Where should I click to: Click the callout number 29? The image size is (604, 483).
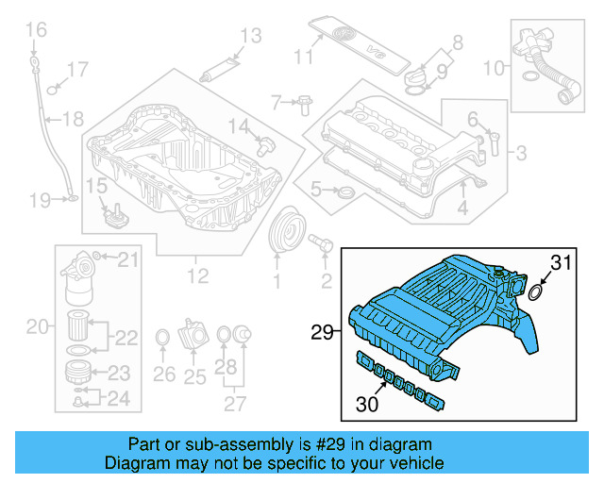(x=323, y=331)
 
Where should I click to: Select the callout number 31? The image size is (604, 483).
(x=562, y=264)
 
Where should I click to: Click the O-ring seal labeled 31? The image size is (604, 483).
(x=534, y=292)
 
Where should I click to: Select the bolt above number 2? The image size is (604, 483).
(x=321, y=245)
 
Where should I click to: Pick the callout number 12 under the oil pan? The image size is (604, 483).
(x=196, y=277)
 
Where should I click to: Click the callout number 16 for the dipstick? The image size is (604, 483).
(x=35, y=31)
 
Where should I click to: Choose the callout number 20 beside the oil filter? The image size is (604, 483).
(x=37, y=327)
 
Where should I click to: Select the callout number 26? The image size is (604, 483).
(x=163, y=375)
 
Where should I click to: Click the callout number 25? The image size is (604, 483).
(x=194, y=377)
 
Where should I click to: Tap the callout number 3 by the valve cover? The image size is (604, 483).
(x=522, y=152)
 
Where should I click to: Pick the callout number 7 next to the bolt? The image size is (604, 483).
(x=277, y=101)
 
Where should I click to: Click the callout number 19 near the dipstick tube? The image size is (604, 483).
(x=39, y=200)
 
